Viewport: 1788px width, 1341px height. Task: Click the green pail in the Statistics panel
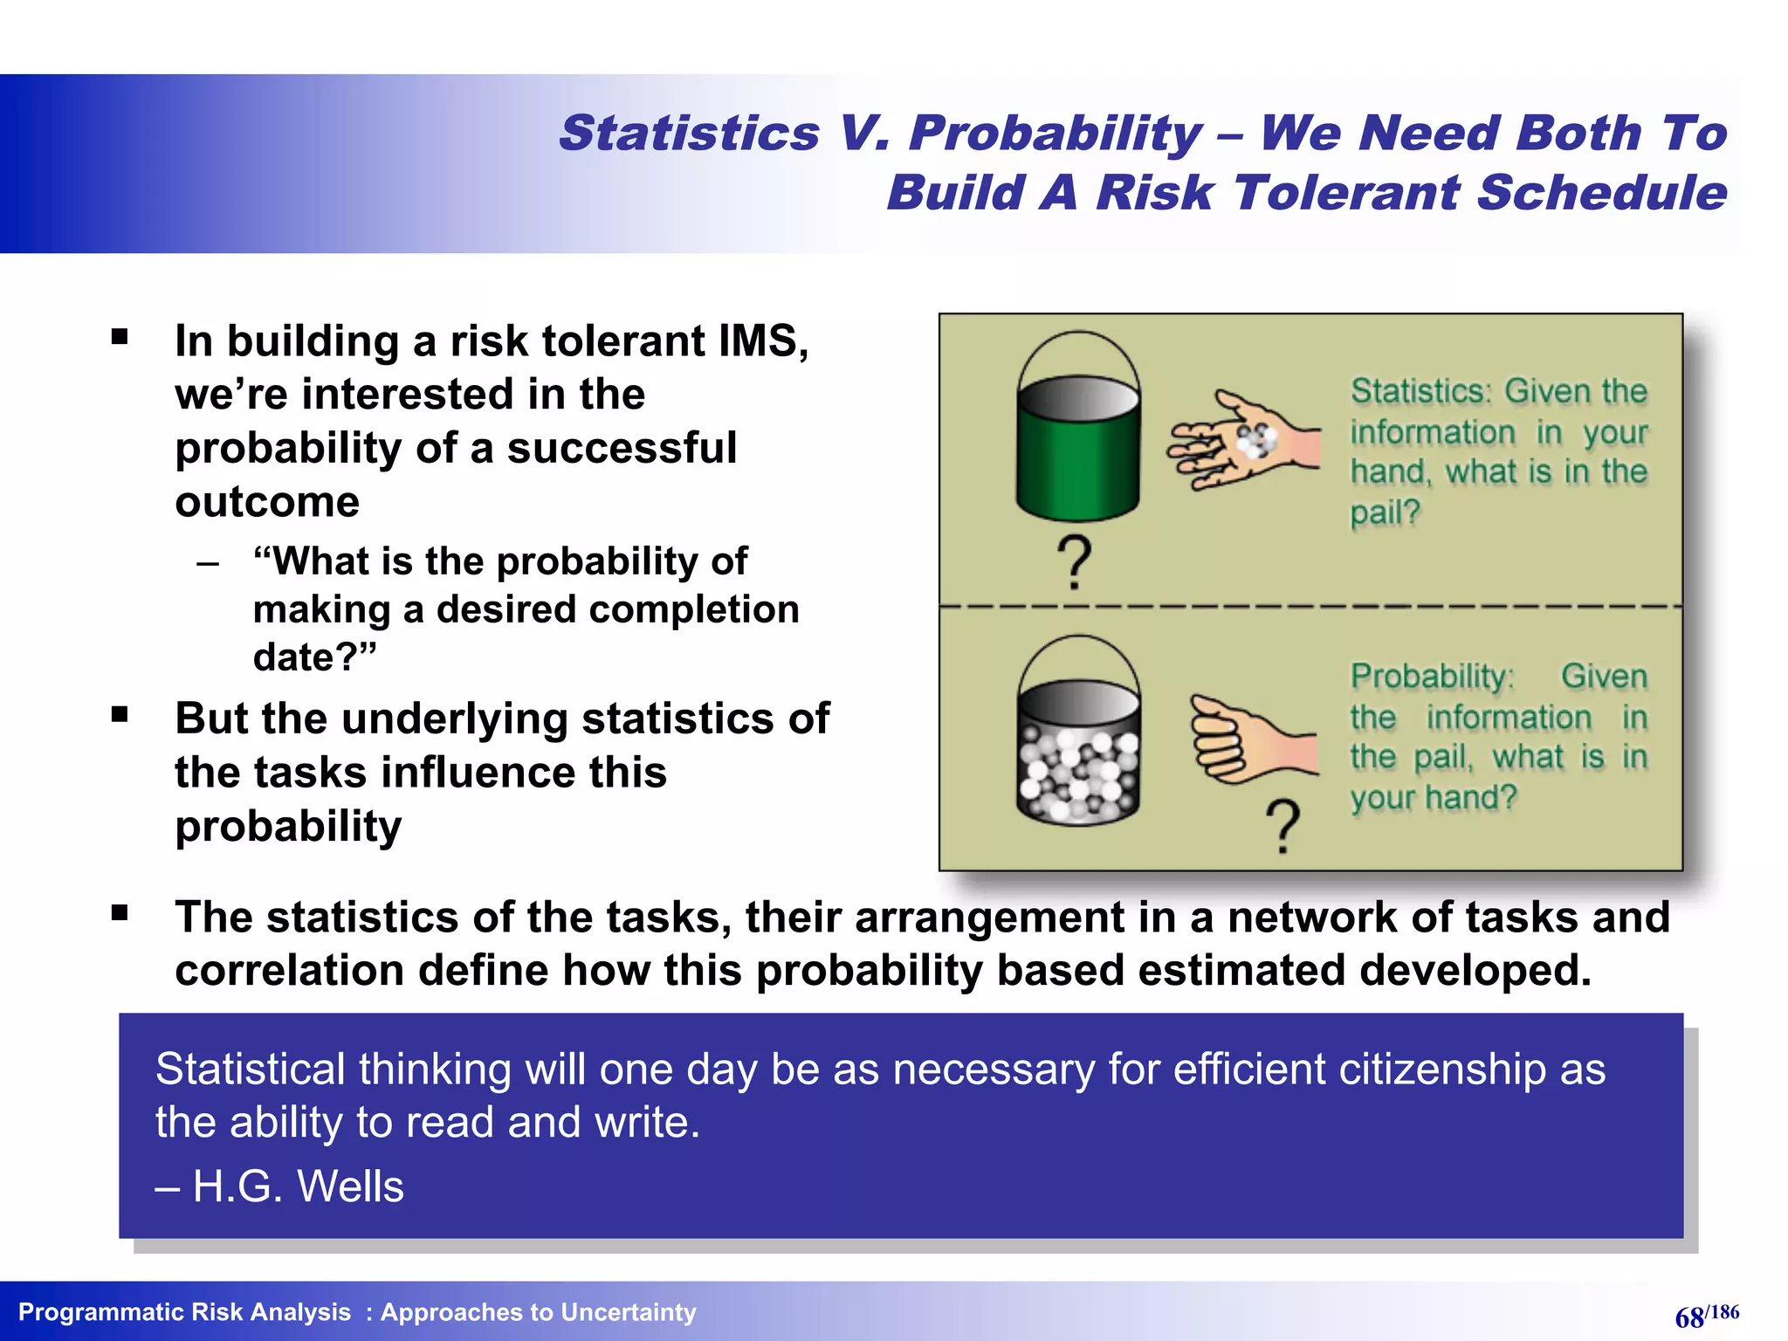(x=1078, y=454)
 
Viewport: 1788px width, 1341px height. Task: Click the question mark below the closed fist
(x=1283, y=825)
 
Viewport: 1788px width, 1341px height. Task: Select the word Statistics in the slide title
(x=689, y=134)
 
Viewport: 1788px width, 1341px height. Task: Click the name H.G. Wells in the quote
(x=299, y=1186)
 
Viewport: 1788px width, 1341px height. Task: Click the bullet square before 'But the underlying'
(x=120, y=715)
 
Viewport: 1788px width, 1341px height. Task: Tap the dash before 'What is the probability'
(x=208, y=563)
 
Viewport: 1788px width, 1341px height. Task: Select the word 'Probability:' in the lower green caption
(x=1432, y=677)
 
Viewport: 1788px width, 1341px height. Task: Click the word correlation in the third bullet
(x=289, y=971)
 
